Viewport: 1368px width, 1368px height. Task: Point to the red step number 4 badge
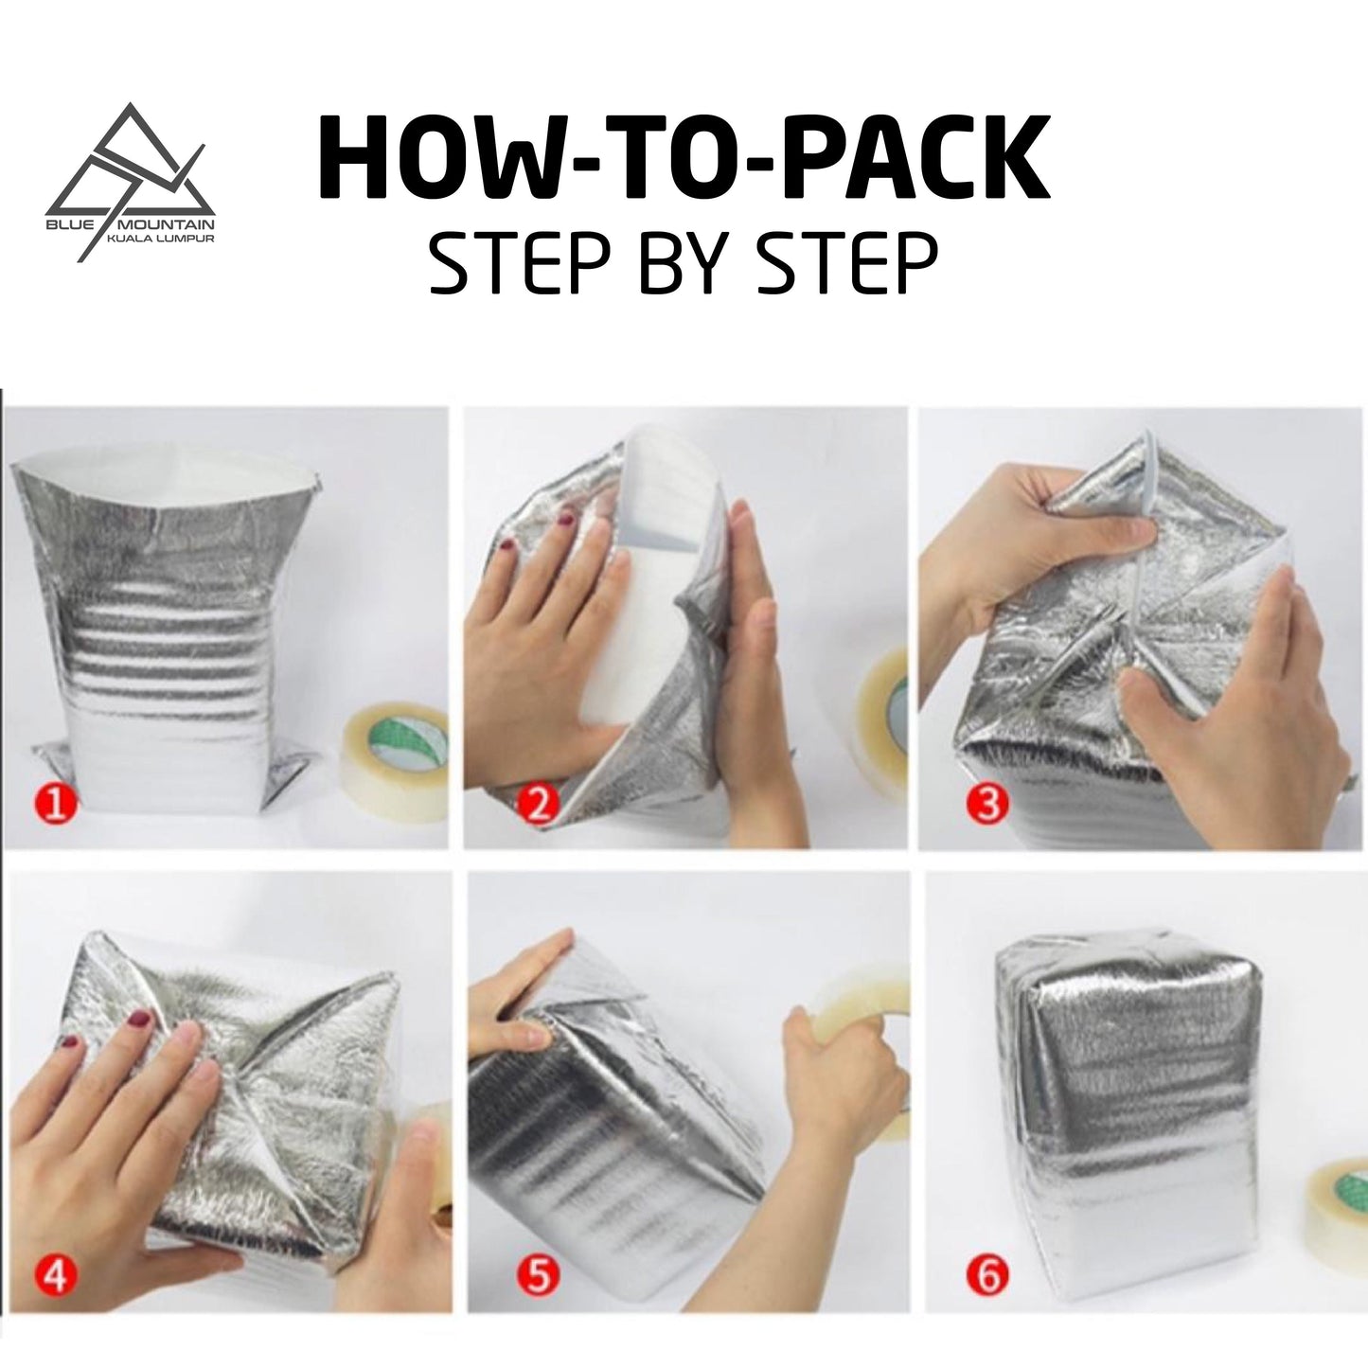(56, 1276)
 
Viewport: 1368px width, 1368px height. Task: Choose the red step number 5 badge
(537, 1276)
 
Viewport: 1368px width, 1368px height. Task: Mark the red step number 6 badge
(986, 1276)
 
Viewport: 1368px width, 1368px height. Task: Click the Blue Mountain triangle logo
(130, 175)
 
